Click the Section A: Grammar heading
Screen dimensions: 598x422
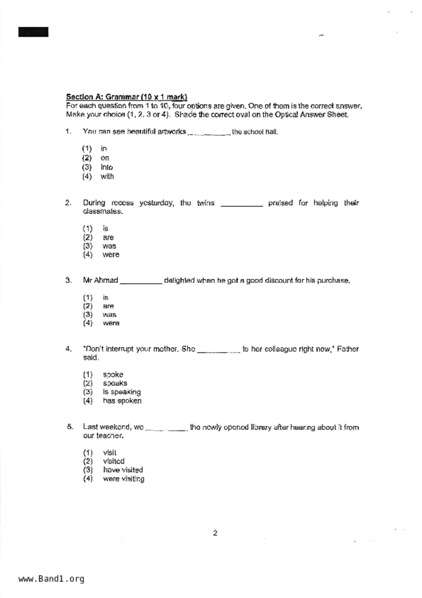[x=126, y=97]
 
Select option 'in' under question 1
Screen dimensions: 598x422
[x=104, y=149]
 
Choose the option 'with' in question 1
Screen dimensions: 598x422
[x=107, y=177]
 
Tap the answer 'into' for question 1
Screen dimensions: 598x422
[x=107, y=167]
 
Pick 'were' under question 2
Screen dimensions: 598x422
[x=111, y=255]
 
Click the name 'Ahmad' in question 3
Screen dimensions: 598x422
[x=106, y=281]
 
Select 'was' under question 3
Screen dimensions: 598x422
[x=109, y=315]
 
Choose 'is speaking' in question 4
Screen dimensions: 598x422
[x=122, y=392]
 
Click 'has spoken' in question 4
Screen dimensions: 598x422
[x=122, y=401]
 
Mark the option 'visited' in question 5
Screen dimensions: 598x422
[x=113, y=461]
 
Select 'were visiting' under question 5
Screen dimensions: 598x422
[x=123, y=479]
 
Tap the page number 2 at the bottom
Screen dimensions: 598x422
[x=215, y=533]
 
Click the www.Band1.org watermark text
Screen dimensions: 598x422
[x=51, y=579]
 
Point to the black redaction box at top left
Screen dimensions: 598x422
[x=33, y=32]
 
